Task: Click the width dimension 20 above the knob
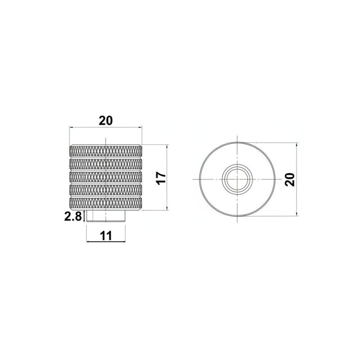pyautogui.click(x=106, y=121)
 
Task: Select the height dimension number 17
pyautogui.click(x=162, y=178)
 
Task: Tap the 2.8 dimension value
pyautogui.click(x=73, y=216)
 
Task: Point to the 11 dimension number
pyautogui.click(x=106, y=236)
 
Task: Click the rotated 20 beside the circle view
pyautogui.click(x=289, y=180)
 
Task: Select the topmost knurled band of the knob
pyautogui.click(x=106, y=151)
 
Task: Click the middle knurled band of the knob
pyautogui.click(x=106, y=176)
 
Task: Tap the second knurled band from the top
pyautogui.click(x=106, y=164)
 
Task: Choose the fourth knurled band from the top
pyautogui.click(x=106, y=190)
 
